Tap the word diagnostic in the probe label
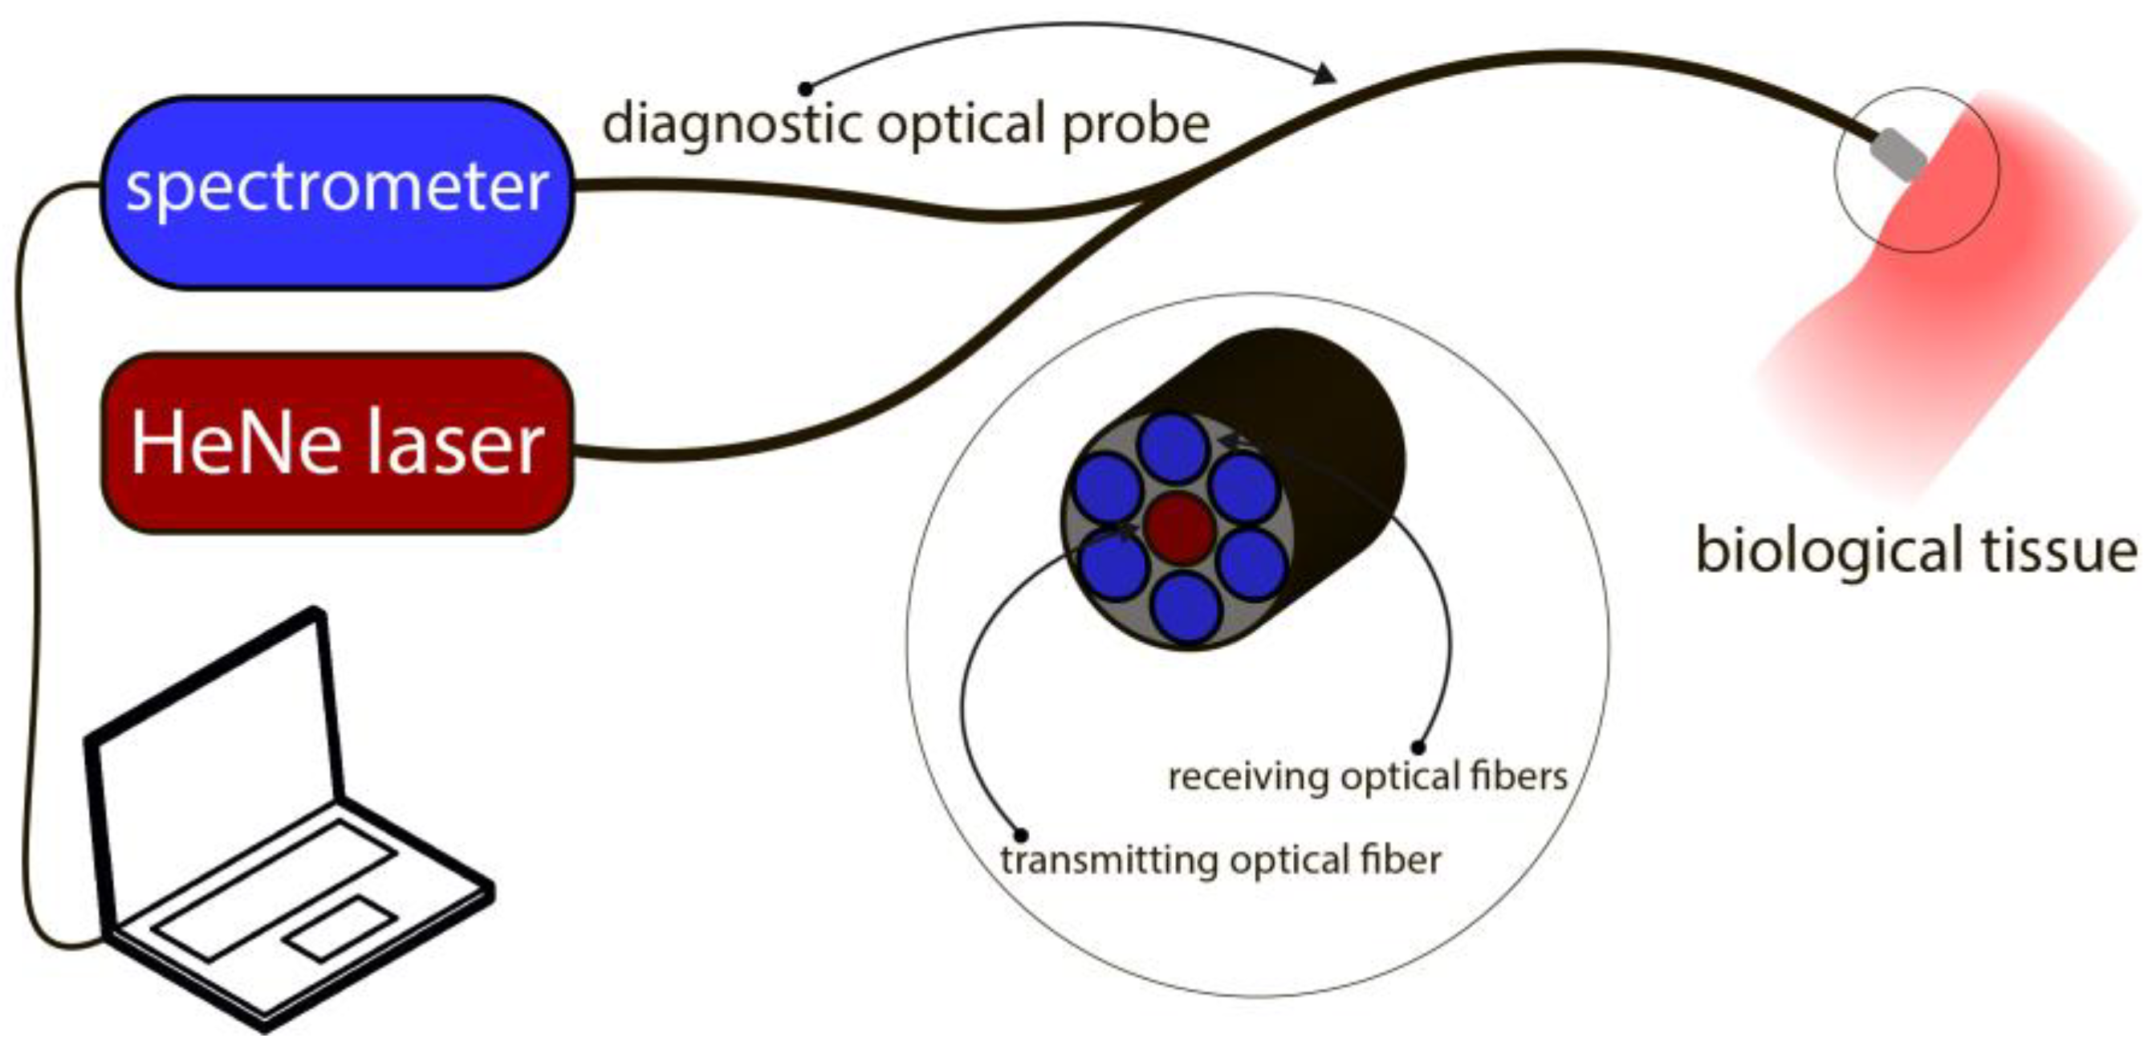click(x=732, y=124)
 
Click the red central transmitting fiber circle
click(x=1178, y=527)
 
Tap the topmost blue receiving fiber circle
click(x=1174, y=448)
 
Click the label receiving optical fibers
click(x=1367, y=777)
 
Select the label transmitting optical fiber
click(x=1220, y=861)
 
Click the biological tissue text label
click(x=1916, y=550)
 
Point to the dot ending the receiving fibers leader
click(x=1418, y=747)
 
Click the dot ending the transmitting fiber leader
click(x=1020, y=834)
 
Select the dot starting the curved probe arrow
click(x=805, y=88)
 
